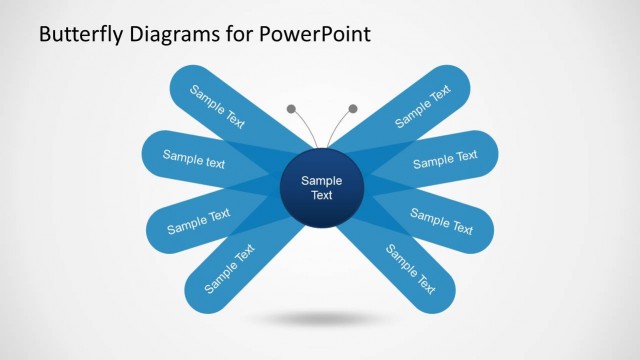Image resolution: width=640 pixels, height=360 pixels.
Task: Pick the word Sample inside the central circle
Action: (x=322, y=181)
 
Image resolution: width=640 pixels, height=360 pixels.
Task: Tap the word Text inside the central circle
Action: (x=322, y=196)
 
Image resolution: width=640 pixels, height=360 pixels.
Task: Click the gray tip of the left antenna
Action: (x=291, y=108)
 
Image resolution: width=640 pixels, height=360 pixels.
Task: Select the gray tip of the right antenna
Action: (x=353, y=108)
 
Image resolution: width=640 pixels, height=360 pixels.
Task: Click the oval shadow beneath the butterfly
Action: (x=320, y=319)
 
